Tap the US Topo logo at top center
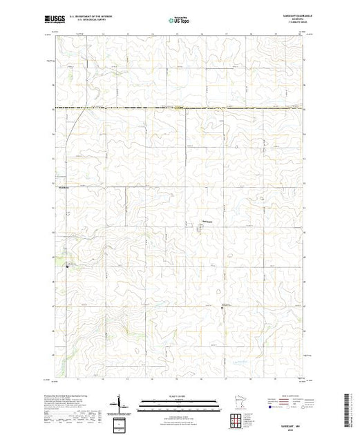click(x=179, y=20)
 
